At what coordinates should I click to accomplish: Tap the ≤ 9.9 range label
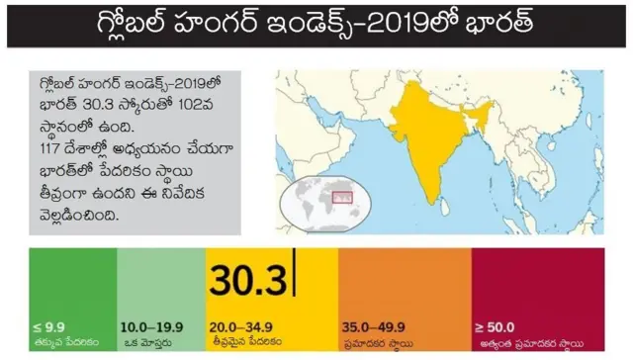click(49, 325)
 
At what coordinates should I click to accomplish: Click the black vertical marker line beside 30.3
click(295, 278)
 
